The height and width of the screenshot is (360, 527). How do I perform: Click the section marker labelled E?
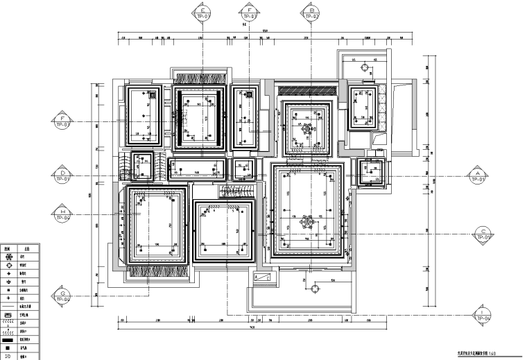(203, 13)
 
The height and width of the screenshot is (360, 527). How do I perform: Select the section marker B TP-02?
(310, 13)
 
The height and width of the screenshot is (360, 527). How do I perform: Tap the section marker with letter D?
(62, 175)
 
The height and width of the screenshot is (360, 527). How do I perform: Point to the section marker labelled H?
(62, 214)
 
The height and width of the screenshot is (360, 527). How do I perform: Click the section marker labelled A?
(477, 175)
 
